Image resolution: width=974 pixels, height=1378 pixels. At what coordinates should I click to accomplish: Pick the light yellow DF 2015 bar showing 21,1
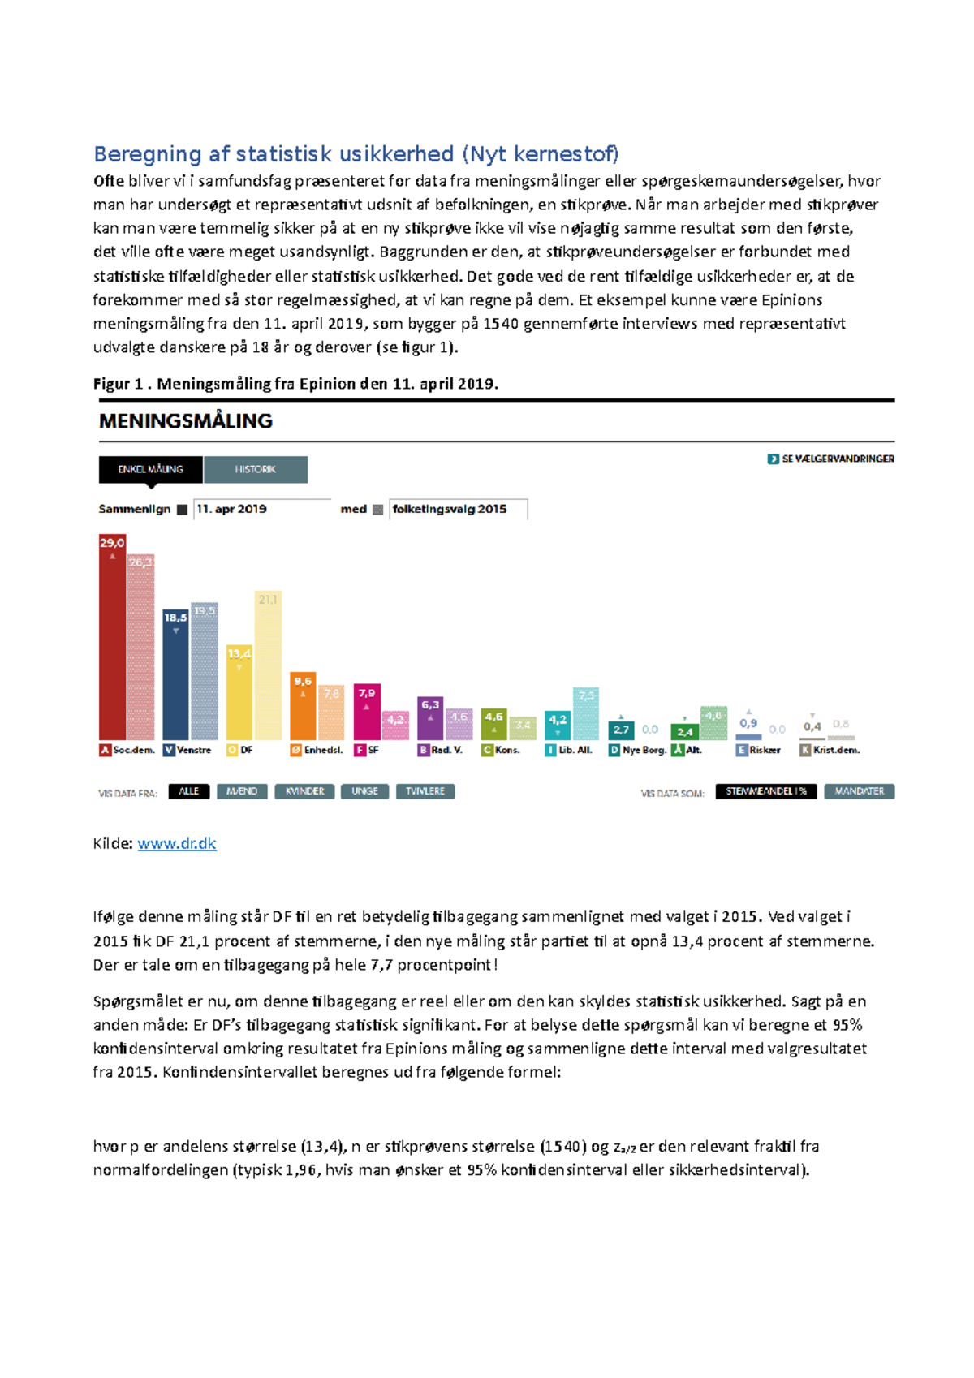point(268,665)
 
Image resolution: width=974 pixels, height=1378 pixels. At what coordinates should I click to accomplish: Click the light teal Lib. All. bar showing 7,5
point(586,714)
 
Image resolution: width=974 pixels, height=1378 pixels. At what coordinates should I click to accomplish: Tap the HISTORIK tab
point(255,469)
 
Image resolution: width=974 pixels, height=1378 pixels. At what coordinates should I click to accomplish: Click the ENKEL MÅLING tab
point(150,469)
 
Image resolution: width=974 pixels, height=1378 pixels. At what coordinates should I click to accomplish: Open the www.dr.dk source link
point(176,843)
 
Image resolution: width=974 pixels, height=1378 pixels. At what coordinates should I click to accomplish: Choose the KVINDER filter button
point(304,791)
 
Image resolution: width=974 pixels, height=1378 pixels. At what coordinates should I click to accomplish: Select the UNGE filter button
point(364,791)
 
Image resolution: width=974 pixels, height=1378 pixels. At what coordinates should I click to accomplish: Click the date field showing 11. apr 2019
point(261,509)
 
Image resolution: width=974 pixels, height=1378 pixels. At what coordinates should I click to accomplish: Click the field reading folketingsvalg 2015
point(457,509)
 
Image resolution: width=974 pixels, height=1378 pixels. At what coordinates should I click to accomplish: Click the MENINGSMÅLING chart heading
point(185,420)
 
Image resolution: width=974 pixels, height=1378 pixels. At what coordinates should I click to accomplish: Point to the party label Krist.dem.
point(835,750)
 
